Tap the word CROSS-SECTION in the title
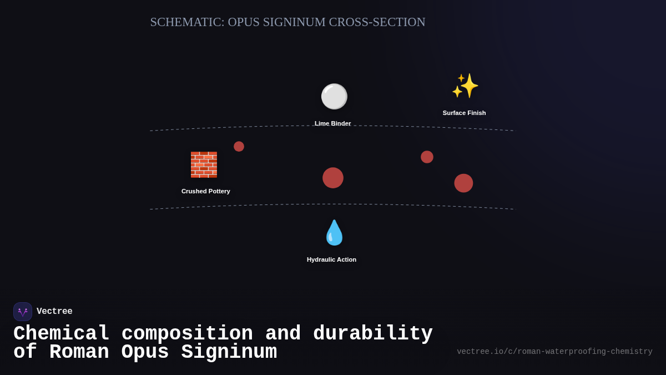click(377, 22)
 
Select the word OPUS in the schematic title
click(243, 22)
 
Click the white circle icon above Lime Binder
click(334, 96)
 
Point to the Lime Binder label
click(332, 123)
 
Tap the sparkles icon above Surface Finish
click(465, 86)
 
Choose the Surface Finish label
click(464, 113)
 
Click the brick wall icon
click(204, 164)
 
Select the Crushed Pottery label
click(205, 191)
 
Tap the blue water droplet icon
click(334, 233)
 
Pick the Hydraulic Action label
click(331, 259)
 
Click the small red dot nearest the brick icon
click(239, 147)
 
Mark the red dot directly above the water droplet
click(333, 178)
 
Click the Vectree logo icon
click(23, 312)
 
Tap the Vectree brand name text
click(54, 312)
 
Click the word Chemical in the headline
click(61, 334)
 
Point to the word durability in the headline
click(372, 334)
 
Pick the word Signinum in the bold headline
click(229, 352)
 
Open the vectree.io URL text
click(554, 352)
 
